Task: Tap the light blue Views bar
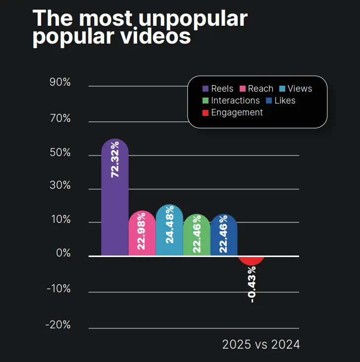(169, 231)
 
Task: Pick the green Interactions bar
(197, 235)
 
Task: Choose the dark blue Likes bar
(224, 235)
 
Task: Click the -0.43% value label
(252, 284)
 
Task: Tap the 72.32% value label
(115, 159)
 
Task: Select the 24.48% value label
(169, 227)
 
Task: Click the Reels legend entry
(218, 89)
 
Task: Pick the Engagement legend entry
(233, 112)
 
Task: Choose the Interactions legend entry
(231, 101)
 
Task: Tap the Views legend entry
(296, 89)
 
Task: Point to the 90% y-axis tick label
(60, 83)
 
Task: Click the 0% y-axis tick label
(63, 254)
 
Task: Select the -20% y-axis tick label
(59, 325)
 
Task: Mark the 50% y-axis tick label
(60, 153)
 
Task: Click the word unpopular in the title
(193, 19)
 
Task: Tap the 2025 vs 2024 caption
(261, 344)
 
